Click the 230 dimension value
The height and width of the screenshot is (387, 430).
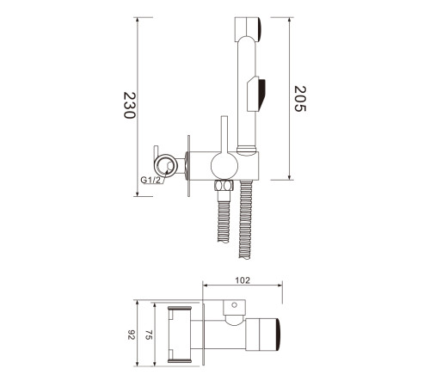129,105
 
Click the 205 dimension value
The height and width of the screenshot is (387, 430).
300,99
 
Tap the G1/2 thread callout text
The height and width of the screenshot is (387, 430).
151,180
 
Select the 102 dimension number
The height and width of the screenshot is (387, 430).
243,280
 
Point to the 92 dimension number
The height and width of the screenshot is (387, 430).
131,335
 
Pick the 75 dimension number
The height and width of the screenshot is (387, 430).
148,335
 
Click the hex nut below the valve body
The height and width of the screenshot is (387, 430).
224,186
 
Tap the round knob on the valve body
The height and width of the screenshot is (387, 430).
224,166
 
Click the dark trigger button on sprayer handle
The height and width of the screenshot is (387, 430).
261,93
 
